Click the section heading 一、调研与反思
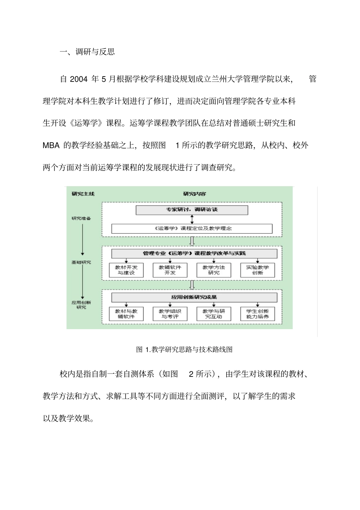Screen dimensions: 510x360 click(87, 52)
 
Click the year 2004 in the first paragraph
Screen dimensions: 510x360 click(79, 79)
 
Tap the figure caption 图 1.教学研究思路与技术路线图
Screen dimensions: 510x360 click(184, 349)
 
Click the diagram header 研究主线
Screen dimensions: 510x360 click(83, 194)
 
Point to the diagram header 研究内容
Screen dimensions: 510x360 click(194, 194)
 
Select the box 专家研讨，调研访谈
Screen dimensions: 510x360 click(192, 210)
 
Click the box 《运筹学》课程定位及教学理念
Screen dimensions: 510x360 click(192, 228)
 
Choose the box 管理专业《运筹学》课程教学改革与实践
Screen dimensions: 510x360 click(194, 253)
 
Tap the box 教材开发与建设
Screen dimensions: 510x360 click(126, 270)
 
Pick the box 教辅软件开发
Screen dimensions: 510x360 click(170, 270)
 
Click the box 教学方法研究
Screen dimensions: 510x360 click(214, 270)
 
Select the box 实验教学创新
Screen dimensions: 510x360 click(257, 270)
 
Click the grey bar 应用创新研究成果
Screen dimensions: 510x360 click(194, 297)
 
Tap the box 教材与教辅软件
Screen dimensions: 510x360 click(126, 314)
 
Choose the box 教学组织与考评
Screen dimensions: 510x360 click(170, 314)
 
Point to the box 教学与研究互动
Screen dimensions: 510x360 click(214, 314)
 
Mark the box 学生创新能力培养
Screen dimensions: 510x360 click(257, 314)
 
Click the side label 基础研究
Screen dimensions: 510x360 click(81, 262)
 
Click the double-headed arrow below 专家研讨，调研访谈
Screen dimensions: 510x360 click(192, 219)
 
